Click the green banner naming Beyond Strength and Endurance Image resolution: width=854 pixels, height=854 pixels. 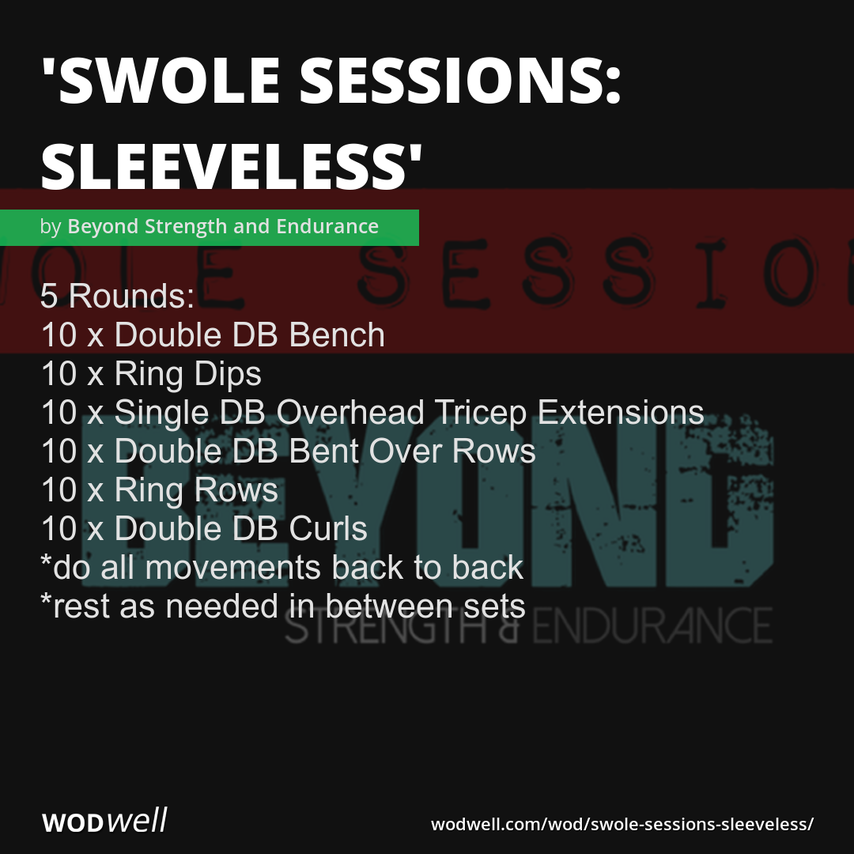(x=210, y=227)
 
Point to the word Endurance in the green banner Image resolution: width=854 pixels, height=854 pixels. (x=327, y=227)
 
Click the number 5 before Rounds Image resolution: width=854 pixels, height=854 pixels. (x=50, y=297)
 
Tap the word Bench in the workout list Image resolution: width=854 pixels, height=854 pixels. (x=337, y=335)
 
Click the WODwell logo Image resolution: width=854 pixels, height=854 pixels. (x=104, y=822)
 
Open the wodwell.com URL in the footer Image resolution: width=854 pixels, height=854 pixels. (x=622, y=823)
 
